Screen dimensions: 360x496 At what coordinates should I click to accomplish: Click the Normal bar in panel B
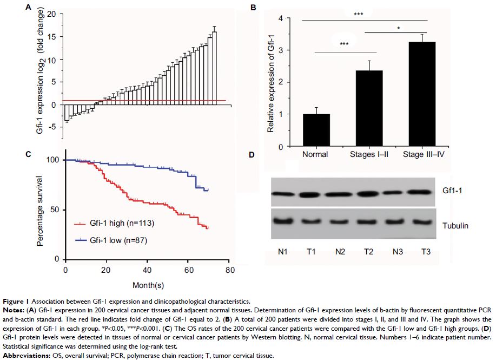coord(315,130)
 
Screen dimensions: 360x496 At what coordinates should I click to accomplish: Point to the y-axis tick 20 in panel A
coord(51,14)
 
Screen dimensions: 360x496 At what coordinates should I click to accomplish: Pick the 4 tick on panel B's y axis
coord(280,18)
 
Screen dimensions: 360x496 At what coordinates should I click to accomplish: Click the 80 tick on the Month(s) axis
coord(229,269)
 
